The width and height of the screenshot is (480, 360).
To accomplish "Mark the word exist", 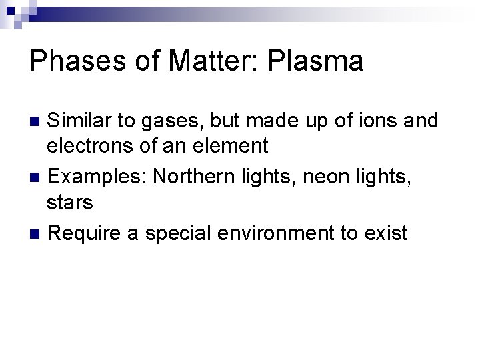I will [x=385, y=233].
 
